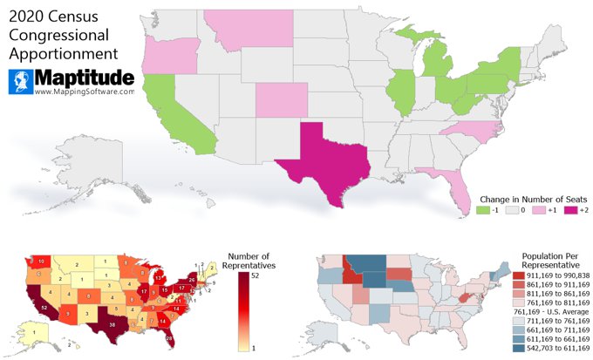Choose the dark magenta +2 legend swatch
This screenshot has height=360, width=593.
click(x=569, y=211)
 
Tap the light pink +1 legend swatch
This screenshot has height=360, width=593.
click(x=541, y=211)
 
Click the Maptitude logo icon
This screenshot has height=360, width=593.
click(x=21, y=82)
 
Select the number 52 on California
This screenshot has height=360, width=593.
click(x=44, y=308)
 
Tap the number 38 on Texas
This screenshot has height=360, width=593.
click(x=112, y=324)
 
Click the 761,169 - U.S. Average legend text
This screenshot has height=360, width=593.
click(x=541, y=312)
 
